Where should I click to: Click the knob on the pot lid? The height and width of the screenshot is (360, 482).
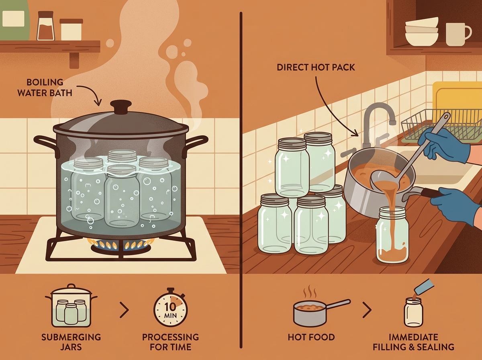click(x=121, y=107)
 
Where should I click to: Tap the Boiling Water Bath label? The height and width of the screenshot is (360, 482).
click(x=45, y=88)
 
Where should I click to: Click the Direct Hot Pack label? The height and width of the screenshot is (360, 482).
click(x=316, y=67)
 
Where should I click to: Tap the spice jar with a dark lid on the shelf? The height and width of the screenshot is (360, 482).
click(x=46, y=26)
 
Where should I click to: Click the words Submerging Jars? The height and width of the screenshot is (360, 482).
click(x=71, y=342)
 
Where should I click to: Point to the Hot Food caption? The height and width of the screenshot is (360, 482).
click(x=311, y=337)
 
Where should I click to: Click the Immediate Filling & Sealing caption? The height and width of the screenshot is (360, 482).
click(x=413, y=342)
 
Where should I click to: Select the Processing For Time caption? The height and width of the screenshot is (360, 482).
click(x=170, y=342)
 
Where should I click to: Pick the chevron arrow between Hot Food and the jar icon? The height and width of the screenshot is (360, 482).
click(x=368, y=310)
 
